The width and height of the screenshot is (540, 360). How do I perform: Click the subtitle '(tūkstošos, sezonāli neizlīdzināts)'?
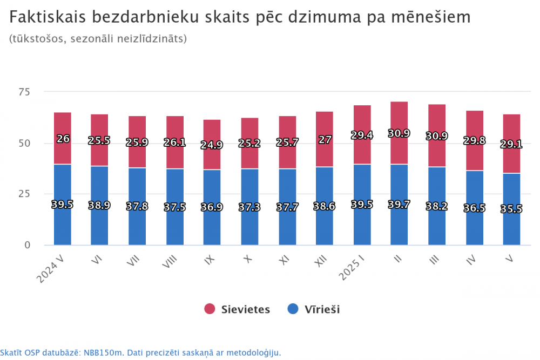coord(98,39)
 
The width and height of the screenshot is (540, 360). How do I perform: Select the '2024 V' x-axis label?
coord(51,268)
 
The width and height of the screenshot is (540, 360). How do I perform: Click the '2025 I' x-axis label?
coord(353,268)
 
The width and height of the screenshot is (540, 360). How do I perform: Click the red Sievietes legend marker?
coord(210,309)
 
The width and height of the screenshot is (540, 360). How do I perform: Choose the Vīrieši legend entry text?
coord(323,309)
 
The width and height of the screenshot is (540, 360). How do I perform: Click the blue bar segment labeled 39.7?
coord(399,227)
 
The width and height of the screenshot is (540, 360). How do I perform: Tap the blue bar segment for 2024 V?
coord(63,227)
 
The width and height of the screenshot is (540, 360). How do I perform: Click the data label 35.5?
coord(511,209)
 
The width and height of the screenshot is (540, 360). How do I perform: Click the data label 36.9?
coord(212,207)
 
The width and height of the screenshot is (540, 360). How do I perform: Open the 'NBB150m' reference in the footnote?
coord(102,352)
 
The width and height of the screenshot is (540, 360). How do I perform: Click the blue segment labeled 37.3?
coord(249,227)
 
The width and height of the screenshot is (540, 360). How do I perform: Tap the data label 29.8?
coord(474,141)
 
